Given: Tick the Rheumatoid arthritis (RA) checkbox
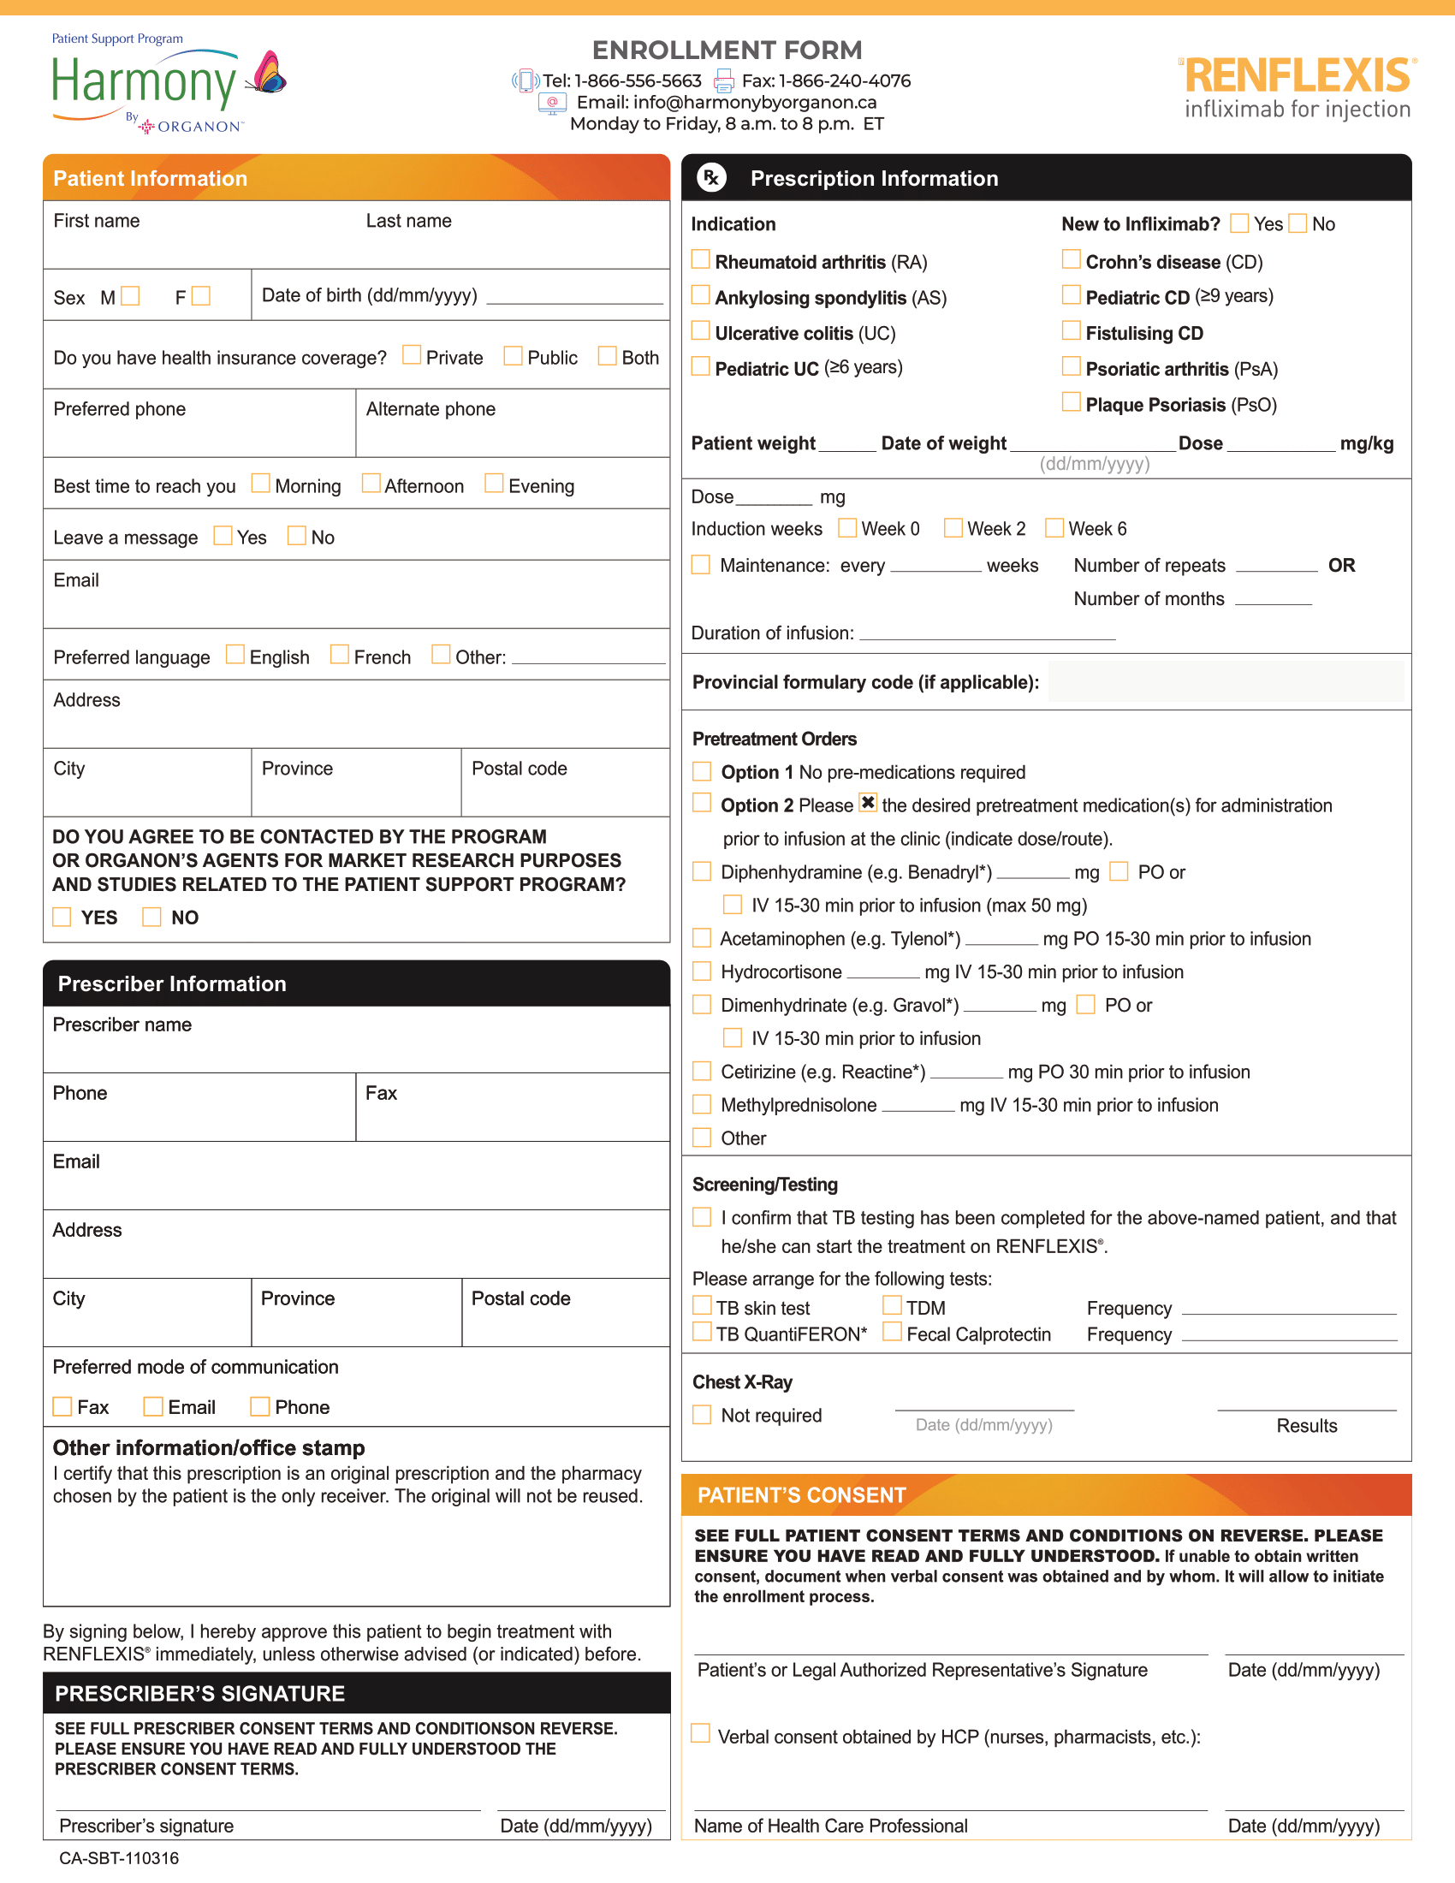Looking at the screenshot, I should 701,259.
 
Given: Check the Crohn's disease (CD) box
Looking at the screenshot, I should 1071,259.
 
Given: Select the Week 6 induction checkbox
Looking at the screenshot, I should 1054,527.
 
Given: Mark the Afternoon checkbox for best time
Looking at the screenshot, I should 371,483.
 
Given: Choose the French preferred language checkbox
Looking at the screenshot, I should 340,656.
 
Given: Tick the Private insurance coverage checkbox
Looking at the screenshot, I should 412,355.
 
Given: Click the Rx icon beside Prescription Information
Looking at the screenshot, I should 711,178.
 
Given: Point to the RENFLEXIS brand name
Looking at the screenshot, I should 1298,76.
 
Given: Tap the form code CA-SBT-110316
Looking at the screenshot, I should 119,1858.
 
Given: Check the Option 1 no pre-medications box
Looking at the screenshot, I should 703,771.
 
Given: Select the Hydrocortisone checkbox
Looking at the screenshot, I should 703,971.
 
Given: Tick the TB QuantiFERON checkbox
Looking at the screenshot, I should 703,1333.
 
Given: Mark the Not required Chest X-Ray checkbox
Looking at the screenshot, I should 703,1415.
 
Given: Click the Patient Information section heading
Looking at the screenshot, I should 151,179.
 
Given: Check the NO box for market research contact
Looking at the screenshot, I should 151,917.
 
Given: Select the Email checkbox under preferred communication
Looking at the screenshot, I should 153,1406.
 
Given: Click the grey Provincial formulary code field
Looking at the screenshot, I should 1226,682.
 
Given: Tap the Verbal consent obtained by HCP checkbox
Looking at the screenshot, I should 701,1734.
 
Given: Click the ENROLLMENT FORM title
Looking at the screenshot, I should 727,50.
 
